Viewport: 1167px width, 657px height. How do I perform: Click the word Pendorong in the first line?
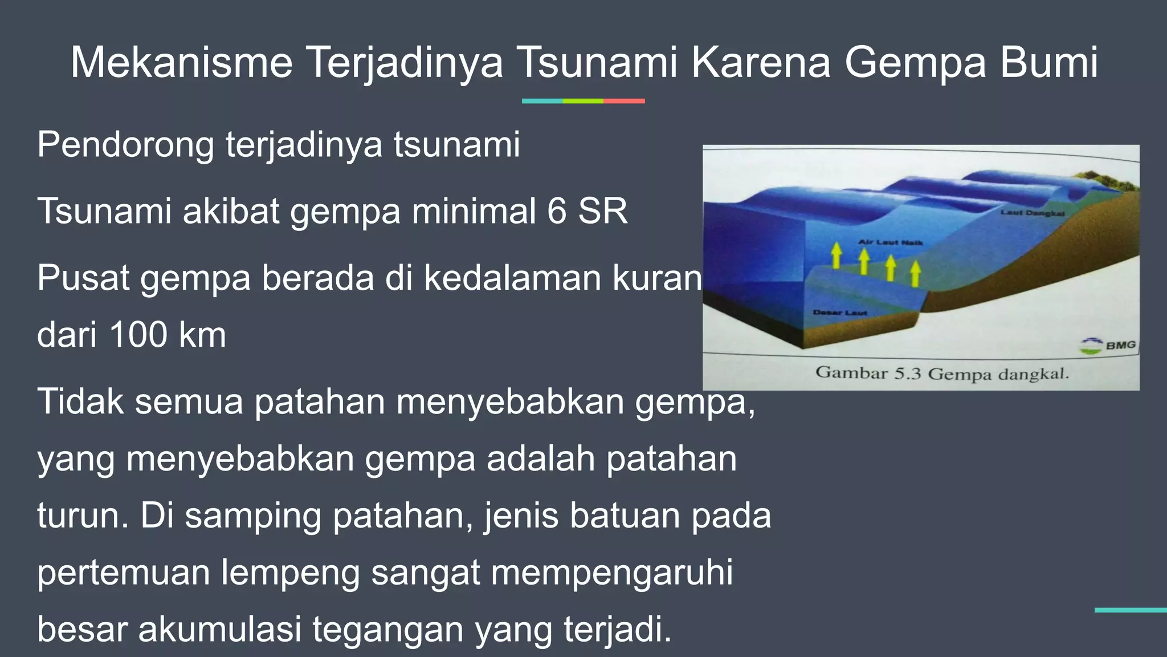125,145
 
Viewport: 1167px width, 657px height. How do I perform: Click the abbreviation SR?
603,211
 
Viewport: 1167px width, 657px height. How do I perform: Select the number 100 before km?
137,335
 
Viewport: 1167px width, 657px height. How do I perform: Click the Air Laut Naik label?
891,242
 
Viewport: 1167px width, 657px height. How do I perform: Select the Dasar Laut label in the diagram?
839,313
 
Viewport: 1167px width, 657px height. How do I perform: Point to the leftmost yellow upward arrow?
836,255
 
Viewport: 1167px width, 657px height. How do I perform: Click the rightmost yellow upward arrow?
915,273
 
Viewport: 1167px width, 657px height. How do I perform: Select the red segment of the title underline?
624,101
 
